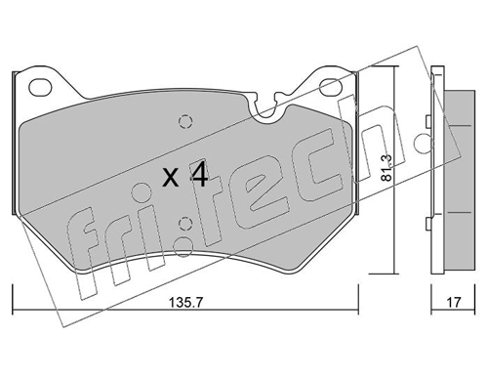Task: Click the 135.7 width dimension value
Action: (x=185, y=303)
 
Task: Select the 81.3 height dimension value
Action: (x=386, y=167)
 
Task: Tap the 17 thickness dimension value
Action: (x=454, y=303)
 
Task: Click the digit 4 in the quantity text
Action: (x=199, y=176)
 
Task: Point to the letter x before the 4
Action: (x=171, y=178)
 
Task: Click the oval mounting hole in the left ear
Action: (x=40, y=87)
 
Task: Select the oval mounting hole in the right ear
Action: (x=331, y=87)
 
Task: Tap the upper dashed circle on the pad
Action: (x=185, y=122)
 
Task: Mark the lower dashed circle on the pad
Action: (x=185, y=224)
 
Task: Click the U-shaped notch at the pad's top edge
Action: (x=267, y=110)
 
